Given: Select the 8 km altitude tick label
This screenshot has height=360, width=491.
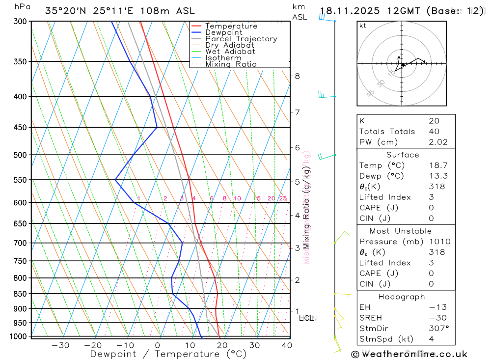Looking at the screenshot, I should (298, 76).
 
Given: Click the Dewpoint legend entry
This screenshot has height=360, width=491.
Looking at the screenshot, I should (223, 32).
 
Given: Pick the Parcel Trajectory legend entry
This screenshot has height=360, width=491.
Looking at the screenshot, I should (241, 39).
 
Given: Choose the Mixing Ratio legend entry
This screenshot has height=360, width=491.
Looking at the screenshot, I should (231, 64).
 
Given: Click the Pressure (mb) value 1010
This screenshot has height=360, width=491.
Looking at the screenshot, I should (437, 242).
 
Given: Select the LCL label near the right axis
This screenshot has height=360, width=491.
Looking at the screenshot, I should (306, 318).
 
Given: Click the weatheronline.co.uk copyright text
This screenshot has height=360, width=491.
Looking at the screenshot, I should (409, 354).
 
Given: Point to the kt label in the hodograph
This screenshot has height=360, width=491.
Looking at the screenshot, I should (363, 26).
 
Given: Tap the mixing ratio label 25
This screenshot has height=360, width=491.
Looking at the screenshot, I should (283, 198).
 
